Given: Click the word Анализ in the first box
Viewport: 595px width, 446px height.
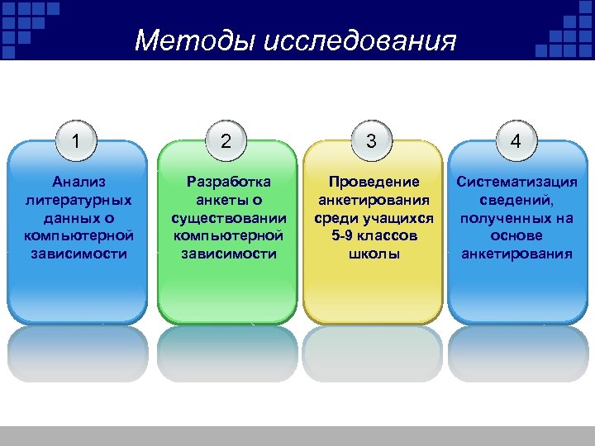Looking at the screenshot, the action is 78,182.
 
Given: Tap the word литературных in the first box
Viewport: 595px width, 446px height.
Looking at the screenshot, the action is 78,200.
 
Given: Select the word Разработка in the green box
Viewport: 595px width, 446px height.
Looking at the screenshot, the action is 229,182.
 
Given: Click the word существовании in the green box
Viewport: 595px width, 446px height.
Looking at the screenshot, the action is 229,218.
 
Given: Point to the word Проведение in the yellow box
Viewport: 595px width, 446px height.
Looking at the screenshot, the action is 374,182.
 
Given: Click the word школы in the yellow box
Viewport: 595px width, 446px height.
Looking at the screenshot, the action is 374,254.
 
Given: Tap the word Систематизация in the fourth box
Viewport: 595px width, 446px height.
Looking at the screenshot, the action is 517,182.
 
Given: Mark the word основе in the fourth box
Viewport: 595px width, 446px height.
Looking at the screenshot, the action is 516,236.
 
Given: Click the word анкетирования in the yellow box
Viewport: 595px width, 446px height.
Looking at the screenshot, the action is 374,200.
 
